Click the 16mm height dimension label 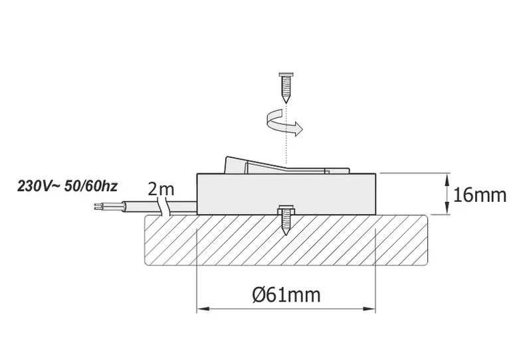480,195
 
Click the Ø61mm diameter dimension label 286,294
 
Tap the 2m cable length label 161,189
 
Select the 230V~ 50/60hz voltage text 68,186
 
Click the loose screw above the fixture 286,88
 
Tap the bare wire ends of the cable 100,206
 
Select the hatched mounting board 286,240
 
